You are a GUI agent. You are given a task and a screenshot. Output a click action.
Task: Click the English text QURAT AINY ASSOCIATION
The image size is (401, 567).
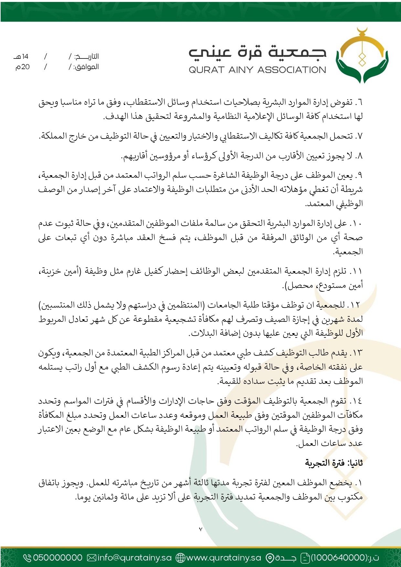257,70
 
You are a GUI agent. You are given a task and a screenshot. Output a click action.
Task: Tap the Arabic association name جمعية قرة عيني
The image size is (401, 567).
257,53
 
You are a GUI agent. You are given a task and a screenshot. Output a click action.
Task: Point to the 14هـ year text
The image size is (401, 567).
21,57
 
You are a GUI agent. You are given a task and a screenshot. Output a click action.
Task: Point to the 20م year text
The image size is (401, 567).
23,67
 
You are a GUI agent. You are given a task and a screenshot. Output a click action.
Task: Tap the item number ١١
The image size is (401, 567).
357,271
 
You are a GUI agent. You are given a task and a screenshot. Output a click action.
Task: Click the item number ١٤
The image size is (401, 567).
357,401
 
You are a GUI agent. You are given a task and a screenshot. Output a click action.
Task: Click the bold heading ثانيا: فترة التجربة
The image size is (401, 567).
334,463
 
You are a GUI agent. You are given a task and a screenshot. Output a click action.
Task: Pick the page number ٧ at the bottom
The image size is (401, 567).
200,529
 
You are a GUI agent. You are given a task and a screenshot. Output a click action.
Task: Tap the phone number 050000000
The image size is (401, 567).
58,558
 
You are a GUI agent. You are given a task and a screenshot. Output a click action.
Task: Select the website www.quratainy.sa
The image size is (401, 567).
224,558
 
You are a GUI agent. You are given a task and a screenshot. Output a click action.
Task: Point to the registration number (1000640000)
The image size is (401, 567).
339,558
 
